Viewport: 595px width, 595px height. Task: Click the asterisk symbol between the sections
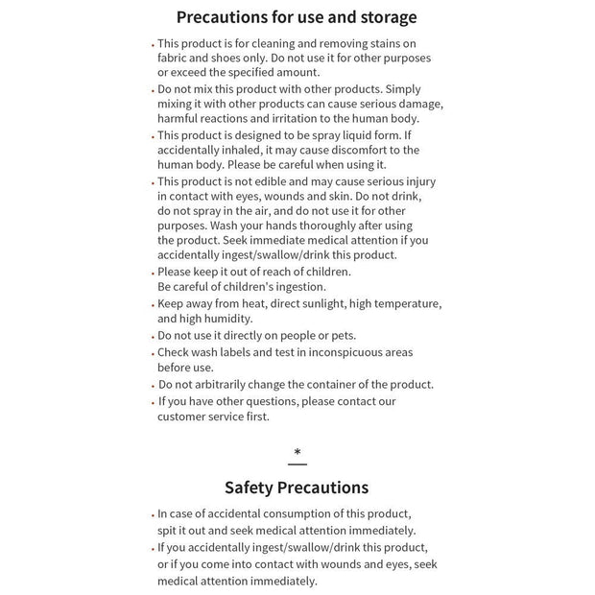(297, 452)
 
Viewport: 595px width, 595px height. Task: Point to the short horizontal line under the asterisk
(297, 464)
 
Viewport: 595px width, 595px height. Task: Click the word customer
(184, 416)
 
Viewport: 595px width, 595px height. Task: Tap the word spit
(168, 530)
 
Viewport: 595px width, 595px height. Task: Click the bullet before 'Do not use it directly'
(153, 337)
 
